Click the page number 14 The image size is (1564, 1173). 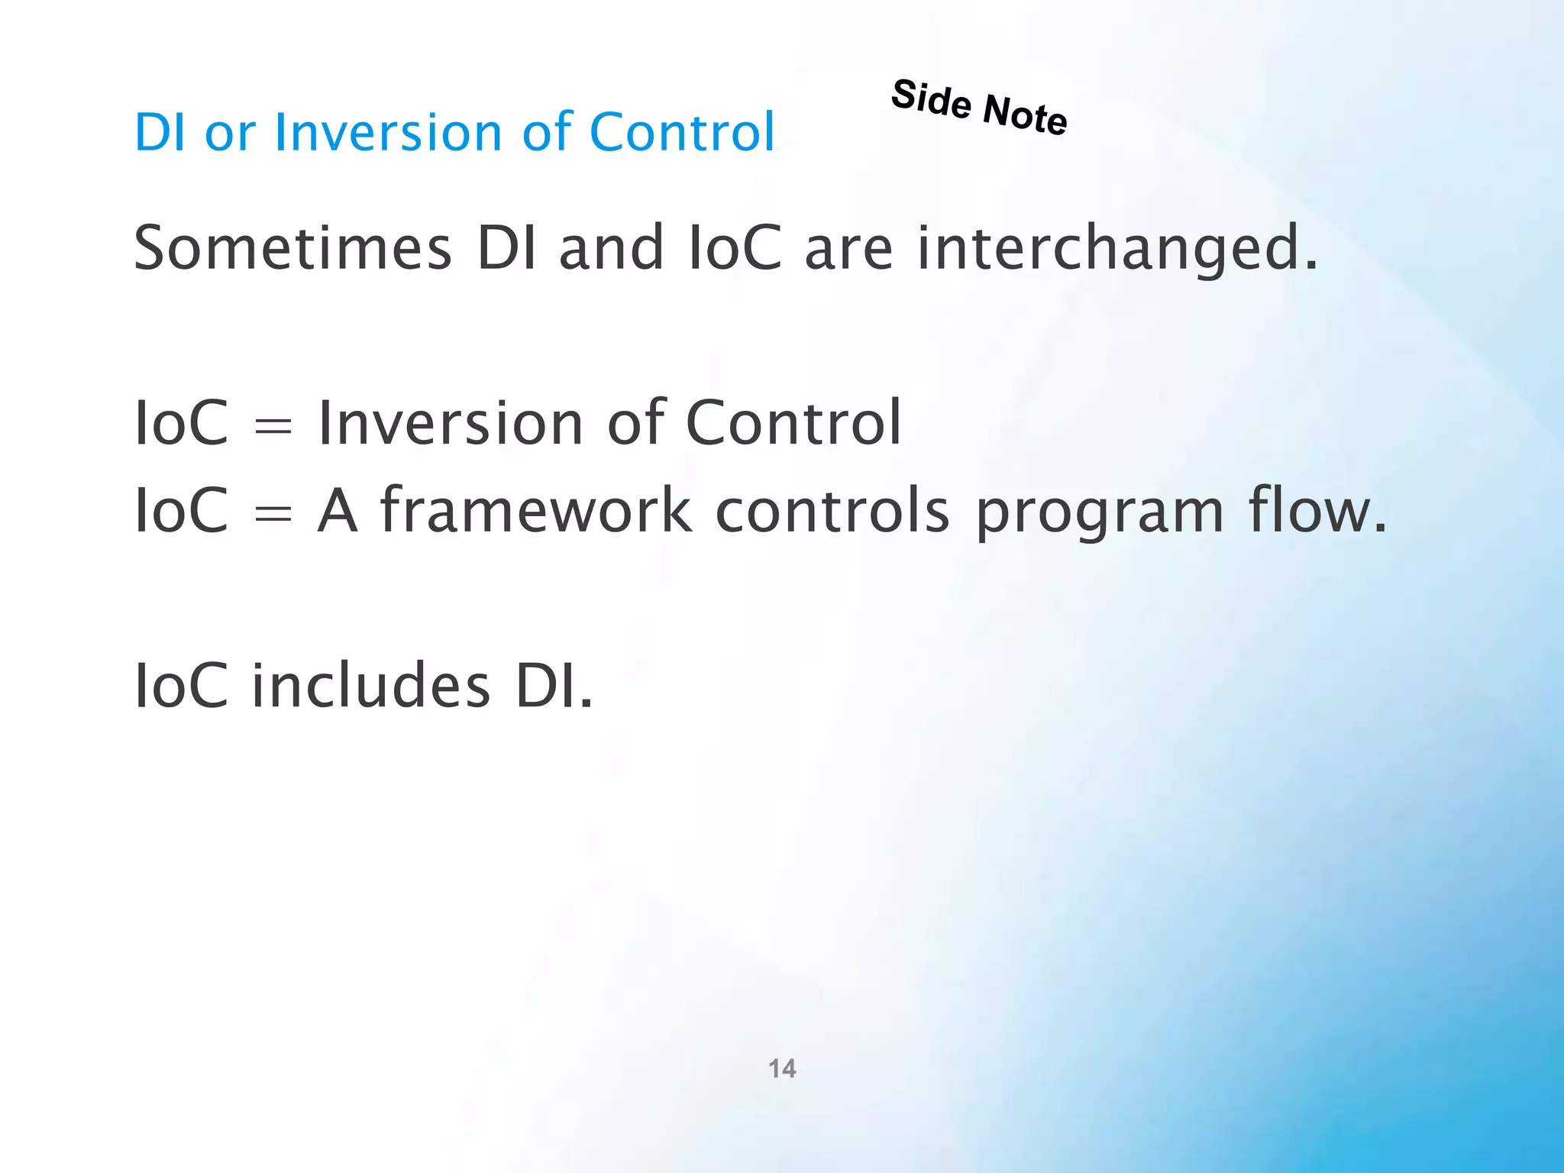pyautogui.click(x=782, y=1068)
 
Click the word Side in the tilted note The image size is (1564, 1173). pyautogui.click(x=931, y=100)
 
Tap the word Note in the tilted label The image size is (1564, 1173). pyautogui.click(x=1025, y=115)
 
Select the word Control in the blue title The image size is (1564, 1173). pyautogui.click(x=682, y=132)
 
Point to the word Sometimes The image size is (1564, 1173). pyautogui.click(x=293, y=248)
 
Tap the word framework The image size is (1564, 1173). pyautogui.click(x=536, y=510)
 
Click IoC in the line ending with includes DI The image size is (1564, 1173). pyautogui.click(x=181, y=685)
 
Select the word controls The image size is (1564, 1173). pyautogui.click(x=832, y=510)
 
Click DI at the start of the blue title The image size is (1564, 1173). pyautogui.click(x=160, y=132)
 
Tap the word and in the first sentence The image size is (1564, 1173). pyautogui.click(x=611, y=248)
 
